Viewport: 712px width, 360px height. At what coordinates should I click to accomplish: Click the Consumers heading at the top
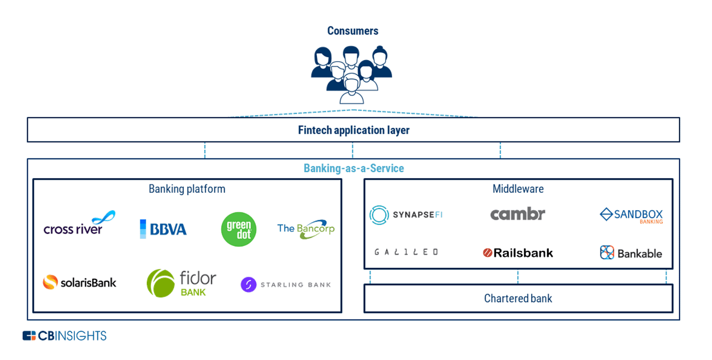click(353, 31)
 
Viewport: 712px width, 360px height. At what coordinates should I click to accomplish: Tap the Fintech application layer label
click(354, 130)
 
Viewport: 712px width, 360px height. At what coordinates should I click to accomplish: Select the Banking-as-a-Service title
click(354, 168)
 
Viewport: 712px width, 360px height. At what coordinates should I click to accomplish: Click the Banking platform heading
click(187, 189)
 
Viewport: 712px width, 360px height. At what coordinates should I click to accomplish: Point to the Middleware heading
click(518, 189)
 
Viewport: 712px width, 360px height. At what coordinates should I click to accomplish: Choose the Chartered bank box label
click(518, 298)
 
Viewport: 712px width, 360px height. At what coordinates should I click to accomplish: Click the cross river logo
click(79, 224)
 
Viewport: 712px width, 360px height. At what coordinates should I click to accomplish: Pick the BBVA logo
click(163, 229)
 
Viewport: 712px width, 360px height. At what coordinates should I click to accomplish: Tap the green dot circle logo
click(239, 229)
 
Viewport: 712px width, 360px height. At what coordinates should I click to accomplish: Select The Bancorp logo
click(306, 229)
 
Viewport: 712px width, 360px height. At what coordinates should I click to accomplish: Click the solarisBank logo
click(79, 282)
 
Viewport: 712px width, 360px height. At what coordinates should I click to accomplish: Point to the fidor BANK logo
click(181, 283)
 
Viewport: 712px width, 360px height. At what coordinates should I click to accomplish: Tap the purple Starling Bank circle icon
click(248, 285)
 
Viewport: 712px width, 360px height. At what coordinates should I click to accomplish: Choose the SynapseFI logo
click(406, 215)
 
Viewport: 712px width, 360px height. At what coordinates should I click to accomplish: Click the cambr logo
click(517, 214)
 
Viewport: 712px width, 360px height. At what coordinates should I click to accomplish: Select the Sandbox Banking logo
click(631, 215)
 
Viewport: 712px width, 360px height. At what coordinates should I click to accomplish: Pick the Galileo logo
click(406, 252)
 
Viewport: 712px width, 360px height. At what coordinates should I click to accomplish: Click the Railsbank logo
click(518, 253)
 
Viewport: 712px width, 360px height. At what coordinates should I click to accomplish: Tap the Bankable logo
click(631, 253)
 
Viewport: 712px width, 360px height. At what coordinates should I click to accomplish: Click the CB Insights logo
click(64, 336)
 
